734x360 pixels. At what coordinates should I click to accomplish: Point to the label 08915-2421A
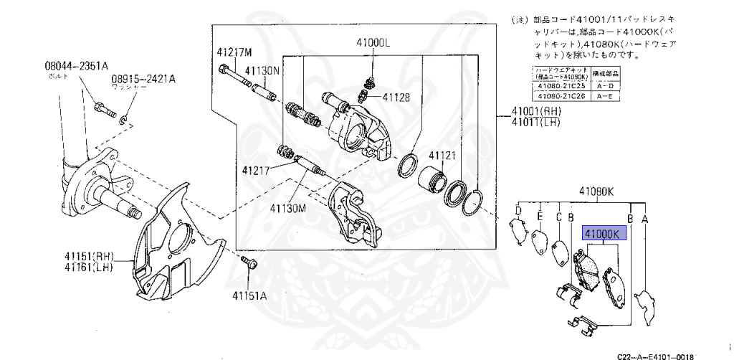point(143,79)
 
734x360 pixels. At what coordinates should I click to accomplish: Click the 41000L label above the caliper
point(372,43)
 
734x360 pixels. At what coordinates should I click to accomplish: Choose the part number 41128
point(396,98)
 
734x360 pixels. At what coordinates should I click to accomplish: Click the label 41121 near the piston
point(443,155)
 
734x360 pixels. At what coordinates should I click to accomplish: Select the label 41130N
point(262,71)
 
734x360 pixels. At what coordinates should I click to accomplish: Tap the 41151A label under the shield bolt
point(249,295)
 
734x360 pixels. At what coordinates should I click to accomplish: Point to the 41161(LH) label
point(89,268)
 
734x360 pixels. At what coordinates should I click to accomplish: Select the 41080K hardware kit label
point(597,191)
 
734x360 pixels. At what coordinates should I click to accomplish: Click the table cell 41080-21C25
point(560,85)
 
